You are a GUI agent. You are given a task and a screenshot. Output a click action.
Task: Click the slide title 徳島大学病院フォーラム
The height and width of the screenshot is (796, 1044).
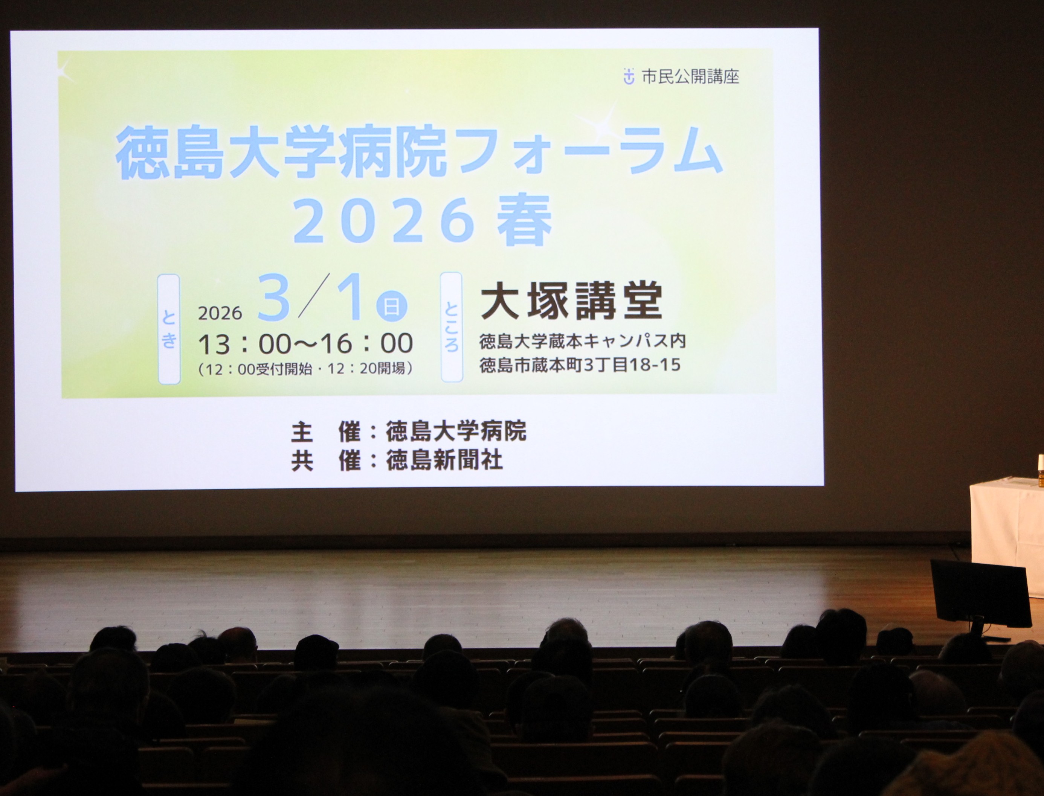click(x=420, y=152)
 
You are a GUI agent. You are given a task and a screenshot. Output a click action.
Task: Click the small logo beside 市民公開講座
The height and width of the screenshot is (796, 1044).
click(x=628, y=76)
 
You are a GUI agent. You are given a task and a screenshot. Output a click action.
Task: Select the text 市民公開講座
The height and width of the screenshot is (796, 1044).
click(x=690, y=76)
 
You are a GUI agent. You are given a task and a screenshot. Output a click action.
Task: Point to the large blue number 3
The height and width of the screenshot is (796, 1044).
click(x=274, y=297)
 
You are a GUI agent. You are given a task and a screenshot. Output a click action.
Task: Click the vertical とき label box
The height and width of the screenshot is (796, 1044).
click(x=169, y=329)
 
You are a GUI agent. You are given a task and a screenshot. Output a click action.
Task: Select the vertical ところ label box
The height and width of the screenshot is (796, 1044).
click(x=451, y=327)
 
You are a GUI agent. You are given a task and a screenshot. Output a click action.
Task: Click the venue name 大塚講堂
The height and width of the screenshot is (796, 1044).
click(x=571, y=301)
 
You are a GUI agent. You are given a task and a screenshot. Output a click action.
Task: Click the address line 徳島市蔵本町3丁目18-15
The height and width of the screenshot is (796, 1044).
click(x=580, y=365)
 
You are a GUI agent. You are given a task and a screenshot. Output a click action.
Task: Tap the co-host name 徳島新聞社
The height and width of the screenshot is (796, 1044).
click(x=444, y=461)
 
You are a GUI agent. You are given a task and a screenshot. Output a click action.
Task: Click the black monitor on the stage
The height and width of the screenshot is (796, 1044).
click(x=980, y=594)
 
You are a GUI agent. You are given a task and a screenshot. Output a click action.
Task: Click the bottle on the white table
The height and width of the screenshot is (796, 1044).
click(x=1040, y=471)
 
